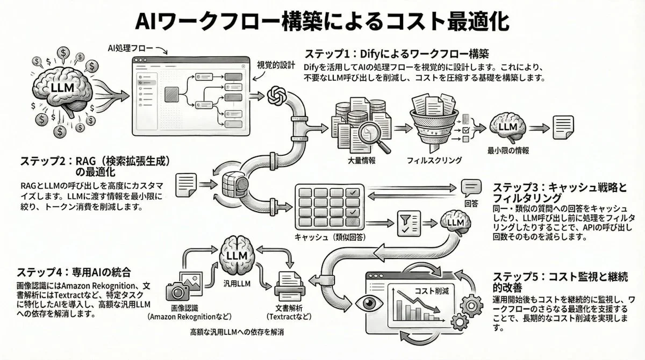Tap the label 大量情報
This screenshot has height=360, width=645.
pos(362,160)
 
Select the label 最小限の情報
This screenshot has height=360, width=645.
pos(508,151)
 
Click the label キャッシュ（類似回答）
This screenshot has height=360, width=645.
pos(327,237)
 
